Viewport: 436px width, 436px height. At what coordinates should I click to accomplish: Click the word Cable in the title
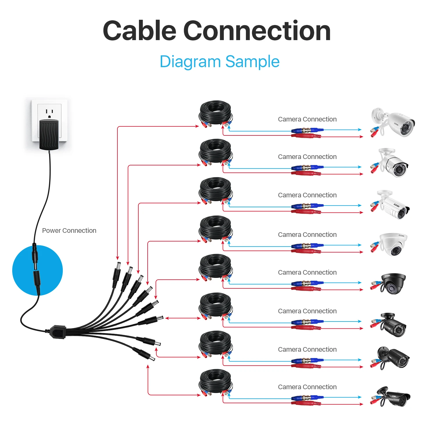click(x=140, y=31)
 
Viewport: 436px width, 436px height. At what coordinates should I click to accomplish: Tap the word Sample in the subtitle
click(x=252, y=62)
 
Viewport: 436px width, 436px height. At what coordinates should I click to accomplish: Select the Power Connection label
click(x=69, y=230)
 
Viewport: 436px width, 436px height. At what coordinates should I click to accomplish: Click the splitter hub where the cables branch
click(x=58, y=332)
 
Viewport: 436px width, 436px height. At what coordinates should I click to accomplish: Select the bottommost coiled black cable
click(x=215, y=381)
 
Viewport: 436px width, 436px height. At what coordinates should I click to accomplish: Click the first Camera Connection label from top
click(x=307, y=119)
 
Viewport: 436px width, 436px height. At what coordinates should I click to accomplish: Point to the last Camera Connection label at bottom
click(x=307, y=387)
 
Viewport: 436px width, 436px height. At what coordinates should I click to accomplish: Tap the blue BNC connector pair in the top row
click(x=307, y=130)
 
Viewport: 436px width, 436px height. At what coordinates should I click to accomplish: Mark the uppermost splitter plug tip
click(x=118, y=265)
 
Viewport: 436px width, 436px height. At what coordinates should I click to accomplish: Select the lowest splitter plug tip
click(x=152, y=358)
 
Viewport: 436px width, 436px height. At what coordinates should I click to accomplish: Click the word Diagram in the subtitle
click(x=190, y=62)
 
